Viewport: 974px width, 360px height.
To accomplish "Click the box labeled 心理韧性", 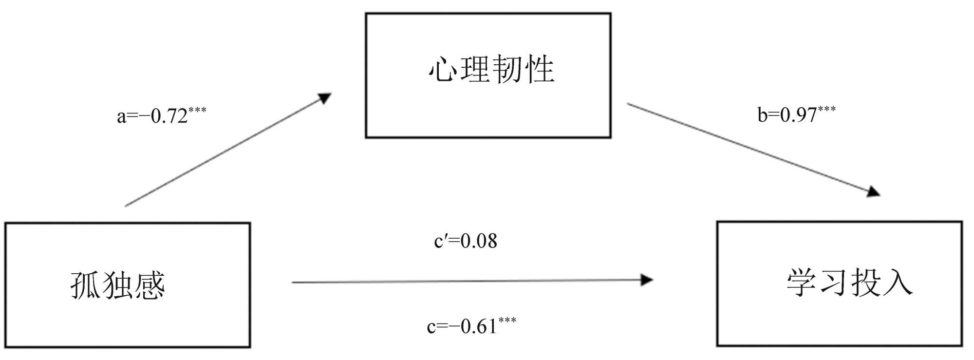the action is point(488,76).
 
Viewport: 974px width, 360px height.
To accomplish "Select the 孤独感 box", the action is point(128,285).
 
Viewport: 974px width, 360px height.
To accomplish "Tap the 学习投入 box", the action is point(839,284).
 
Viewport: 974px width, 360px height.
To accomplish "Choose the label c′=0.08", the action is point(466,241).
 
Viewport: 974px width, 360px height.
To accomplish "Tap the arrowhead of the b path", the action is point(873,191).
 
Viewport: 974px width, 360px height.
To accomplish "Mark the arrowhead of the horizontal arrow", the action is point(647,280).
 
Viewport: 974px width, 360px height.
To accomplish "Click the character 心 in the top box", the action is point(443,69).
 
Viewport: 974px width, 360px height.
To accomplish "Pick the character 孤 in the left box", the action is point(86,285).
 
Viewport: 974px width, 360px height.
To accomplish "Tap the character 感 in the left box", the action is point(150,285).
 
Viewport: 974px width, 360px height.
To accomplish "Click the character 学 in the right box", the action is point(802,283).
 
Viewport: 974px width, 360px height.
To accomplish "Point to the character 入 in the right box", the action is point(898,283).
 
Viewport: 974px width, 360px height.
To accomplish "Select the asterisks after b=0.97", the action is point(827,109).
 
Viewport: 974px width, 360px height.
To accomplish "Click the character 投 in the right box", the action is point(865,283).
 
